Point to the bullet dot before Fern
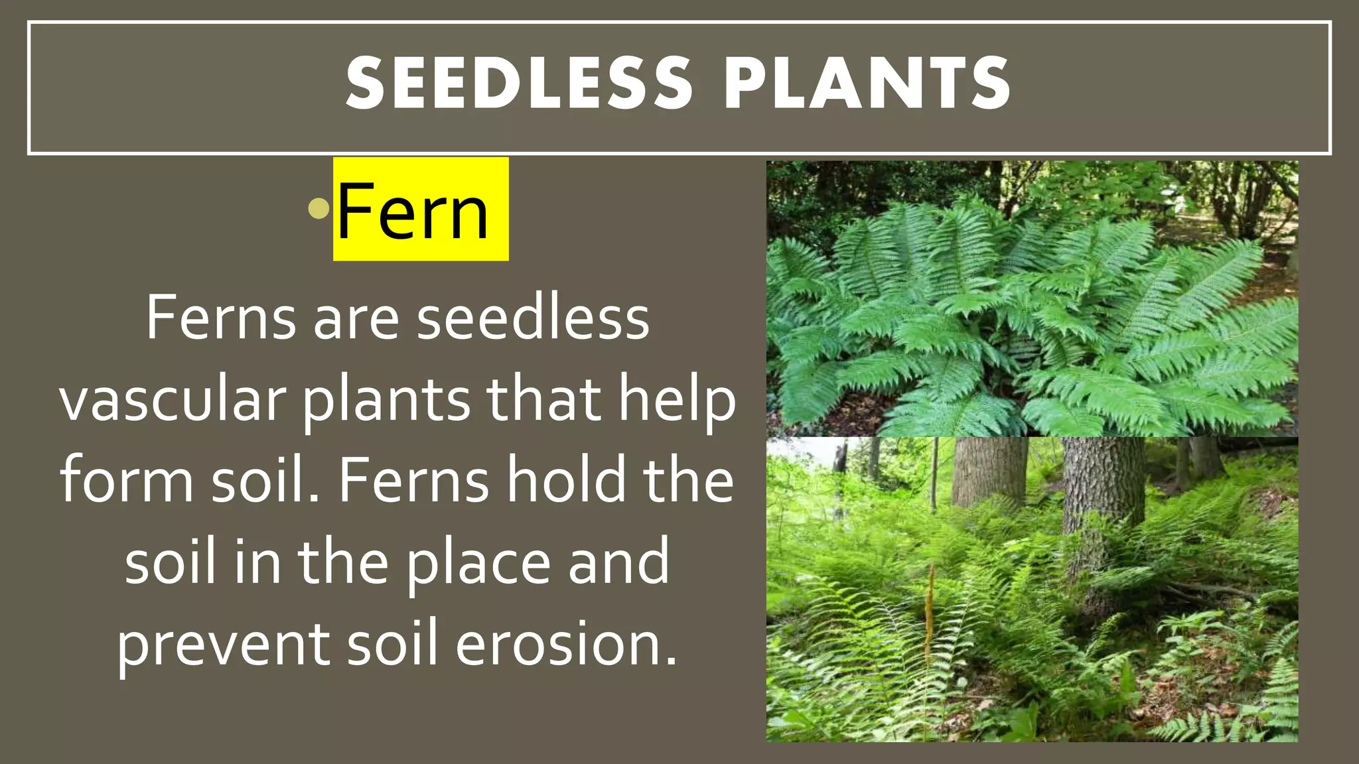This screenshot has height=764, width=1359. [319, 209]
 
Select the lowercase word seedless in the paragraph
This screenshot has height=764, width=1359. [533, 319]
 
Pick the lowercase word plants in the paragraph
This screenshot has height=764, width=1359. [387, 401]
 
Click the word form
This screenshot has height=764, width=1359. [127, 480]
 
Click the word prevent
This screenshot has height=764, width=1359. [224, 643]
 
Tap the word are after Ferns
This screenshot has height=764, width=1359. [356, 319]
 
